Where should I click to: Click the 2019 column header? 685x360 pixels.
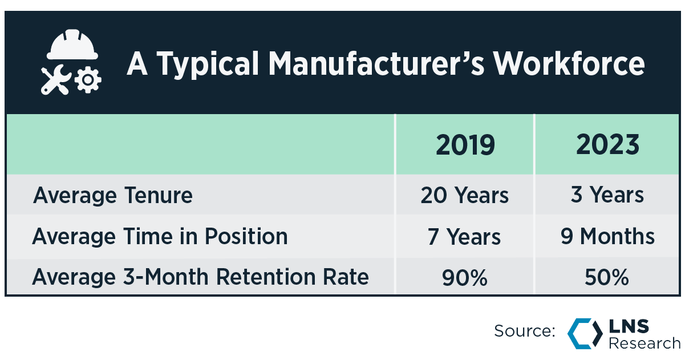[465, 145]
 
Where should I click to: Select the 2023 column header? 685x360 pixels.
[607, 145]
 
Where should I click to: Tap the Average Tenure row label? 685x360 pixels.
[113, 196]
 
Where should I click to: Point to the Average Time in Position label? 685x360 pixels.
[160, 236]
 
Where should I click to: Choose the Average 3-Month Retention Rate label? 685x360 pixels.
[201, 277]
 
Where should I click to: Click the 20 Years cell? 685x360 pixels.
[465, 196]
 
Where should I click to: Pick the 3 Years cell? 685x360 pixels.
[607, 196]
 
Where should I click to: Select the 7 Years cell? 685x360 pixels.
[465, 236]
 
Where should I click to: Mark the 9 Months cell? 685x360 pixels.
[607, 236]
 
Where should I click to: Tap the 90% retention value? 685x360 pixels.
[465, 278]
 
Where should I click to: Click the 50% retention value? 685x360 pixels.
[607, 278]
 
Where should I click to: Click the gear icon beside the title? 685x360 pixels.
[88, 80]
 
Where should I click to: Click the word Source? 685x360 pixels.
[524, 331]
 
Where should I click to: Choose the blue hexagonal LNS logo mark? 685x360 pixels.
[585, 333]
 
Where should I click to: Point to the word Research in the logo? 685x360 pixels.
[645, 342]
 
